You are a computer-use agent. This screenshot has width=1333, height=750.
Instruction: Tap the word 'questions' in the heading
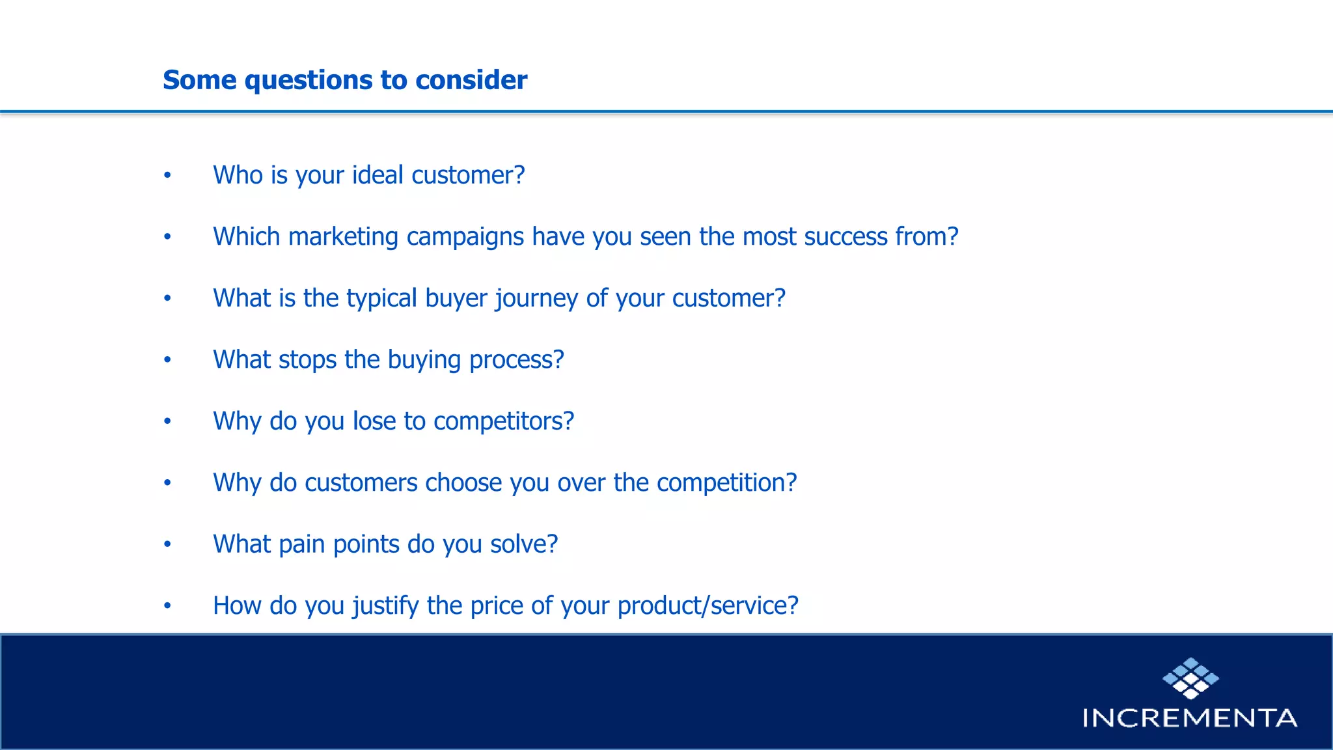309,80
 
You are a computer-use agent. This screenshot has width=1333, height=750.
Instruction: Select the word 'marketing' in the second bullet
343,237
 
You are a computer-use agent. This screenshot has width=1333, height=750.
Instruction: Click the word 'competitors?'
504,421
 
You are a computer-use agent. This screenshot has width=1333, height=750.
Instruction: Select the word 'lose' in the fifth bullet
374,421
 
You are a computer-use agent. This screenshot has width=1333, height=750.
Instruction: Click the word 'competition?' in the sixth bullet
726,483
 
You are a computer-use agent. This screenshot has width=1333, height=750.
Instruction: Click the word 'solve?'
524,544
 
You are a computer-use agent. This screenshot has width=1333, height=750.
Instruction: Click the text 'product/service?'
708,606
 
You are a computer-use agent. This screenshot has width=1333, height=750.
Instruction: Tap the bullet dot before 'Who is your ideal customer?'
167,175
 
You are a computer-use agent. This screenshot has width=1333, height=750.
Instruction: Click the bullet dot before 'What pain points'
167,544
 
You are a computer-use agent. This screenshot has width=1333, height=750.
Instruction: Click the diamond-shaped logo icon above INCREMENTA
1190,678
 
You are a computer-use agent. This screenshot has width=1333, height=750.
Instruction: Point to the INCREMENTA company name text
1190,718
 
